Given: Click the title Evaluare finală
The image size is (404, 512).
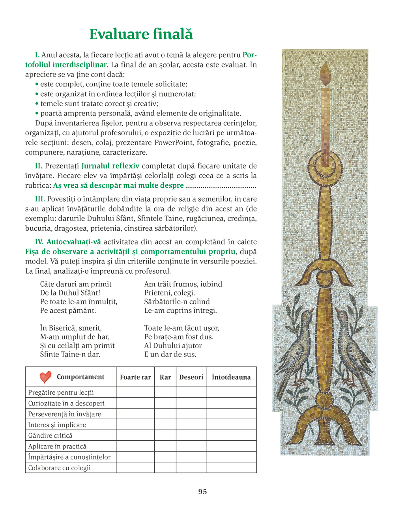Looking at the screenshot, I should point(141,34).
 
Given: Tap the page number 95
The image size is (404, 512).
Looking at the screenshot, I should point(202,491).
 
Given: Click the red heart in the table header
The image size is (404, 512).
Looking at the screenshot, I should point(45,377).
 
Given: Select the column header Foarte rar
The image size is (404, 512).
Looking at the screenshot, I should point(135,377).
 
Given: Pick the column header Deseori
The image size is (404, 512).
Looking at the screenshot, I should point(191,377).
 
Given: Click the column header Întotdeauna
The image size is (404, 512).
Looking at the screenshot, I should point(231,377).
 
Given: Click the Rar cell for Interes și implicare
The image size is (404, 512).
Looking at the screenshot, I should point(165,425).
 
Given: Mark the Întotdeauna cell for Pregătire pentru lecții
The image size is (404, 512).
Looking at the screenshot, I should point(231,392).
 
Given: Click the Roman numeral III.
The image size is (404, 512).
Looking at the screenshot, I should point(40,199).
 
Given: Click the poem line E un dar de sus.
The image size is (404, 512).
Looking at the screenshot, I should point(170,354).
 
